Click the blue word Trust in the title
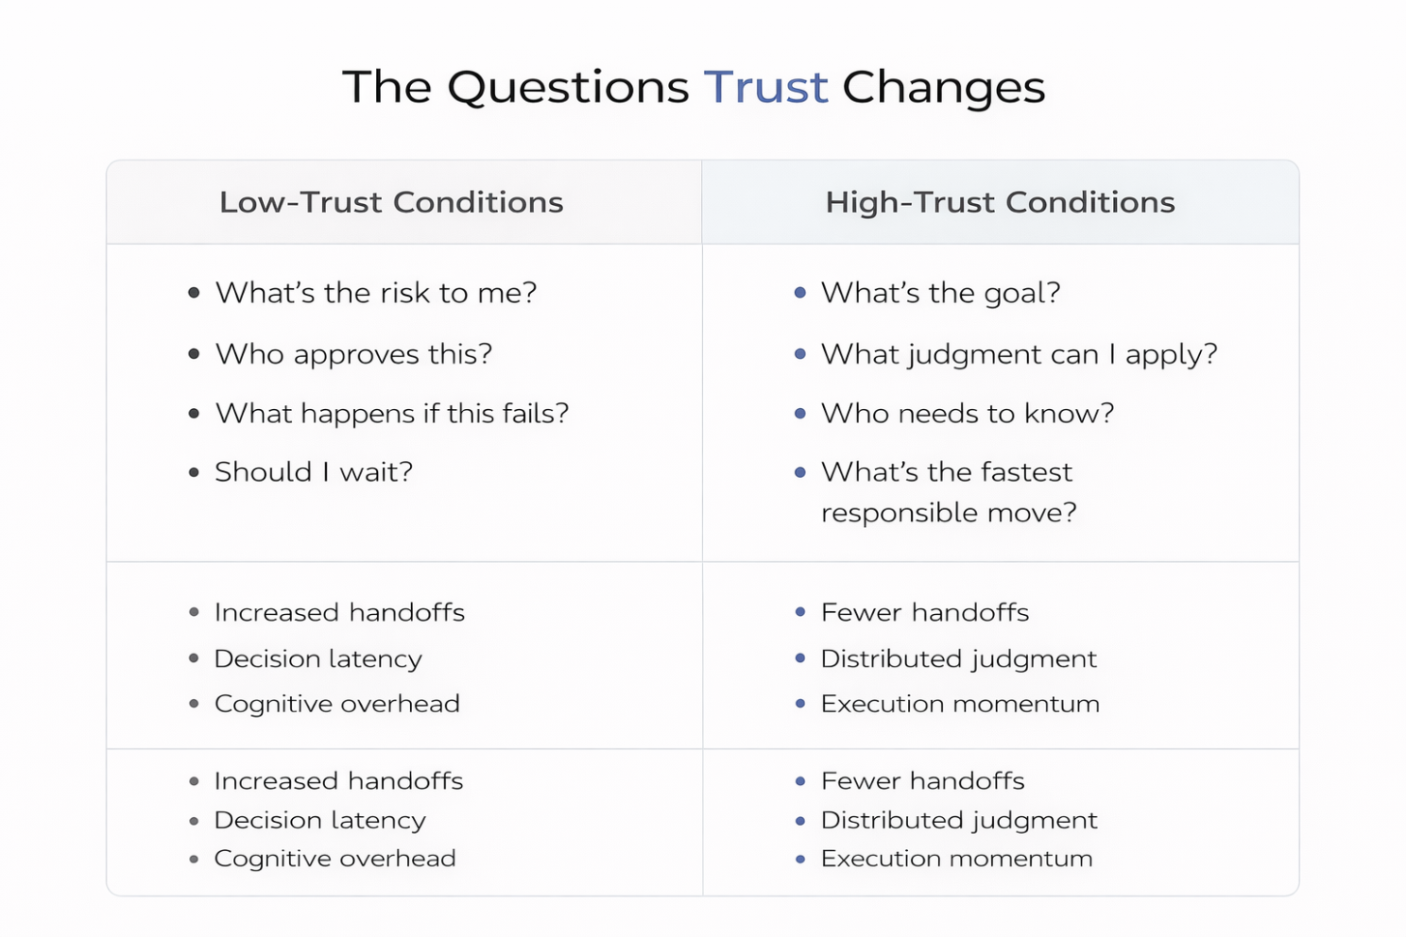pos(765,87)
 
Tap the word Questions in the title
pos(568,88)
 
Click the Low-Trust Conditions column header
pos(391,202)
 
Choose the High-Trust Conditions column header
pos(1000,202)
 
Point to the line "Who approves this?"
pos(354,354)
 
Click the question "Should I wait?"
pos(314,472)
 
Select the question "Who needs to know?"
pos(968,414)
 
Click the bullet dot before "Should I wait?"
pos(194,472)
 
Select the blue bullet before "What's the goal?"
pos(800,293)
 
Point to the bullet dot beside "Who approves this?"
pos(194,354)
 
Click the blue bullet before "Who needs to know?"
pos(800,414)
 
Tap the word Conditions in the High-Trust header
pos(1090,202)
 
